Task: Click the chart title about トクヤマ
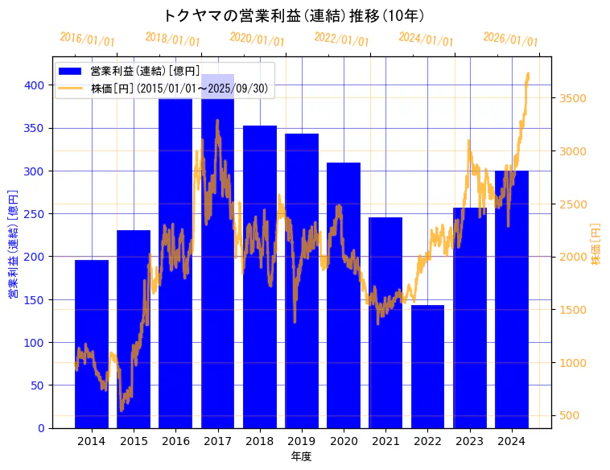[x=294, y=15]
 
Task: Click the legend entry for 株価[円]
[x=179, y=89]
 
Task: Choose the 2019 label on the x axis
[x=302, y=440]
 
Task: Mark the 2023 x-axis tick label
[x=470, y=440]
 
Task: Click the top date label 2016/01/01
[x=88, y=40]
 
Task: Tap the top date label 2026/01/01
[x=510, y=40]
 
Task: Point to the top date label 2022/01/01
[x=341, y=40]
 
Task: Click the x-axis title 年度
[x=302, y=456]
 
